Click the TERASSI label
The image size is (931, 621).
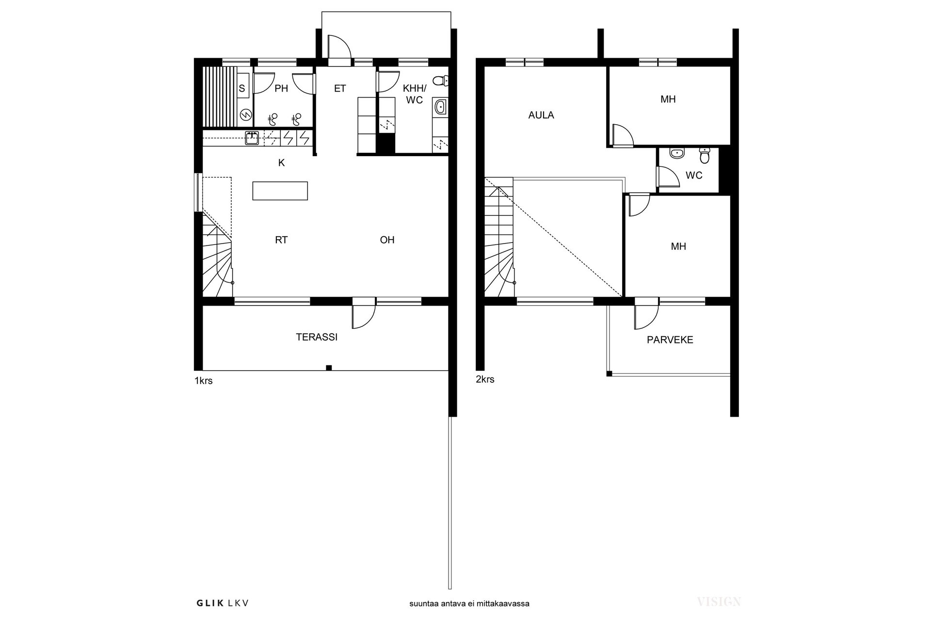pos(317,337)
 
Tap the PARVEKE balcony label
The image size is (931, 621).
pos(670,340)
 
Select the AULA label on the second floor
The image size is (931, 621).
pos(541,115)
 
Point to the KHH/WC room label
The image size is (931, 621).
pos(415,95)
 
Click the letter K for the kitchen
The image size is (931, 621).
pos(282,163)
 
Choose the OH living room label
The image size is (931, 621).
pos(387,240)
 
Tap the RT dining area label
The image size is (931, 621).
pos(281,240)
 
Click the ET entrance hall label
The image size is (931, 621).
pos(340,88)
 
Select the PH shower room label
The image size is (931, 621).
pos(281,88)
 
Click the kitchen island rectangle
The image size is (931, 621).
pos(280,191)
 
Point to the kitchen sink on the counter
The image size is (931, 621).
pos(252,138)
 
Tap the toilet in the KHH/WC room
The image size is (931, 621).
pos(441,80)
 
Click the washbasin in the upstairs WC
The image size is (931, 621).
pos(676,153)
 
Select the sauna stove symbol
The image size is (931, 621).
pos(246,115)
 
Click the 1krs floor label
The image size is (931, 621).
pos(204,381)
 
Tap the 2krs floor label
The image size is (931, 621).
pos(485,379)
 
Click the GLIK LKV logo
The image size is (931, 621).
pos(223,603)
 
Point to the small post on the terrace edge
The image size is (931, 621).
pos(329,368)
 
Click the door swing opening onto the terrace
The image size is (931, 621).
pos(364,316)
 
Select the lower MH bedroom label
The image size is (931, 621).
pos(678,246)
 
